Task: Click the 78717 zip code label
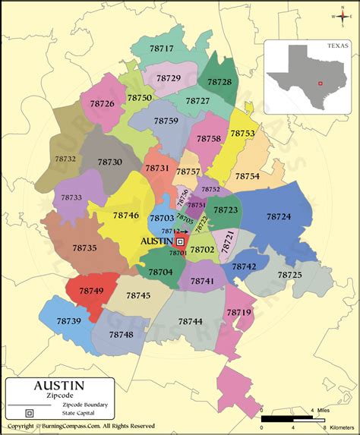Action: tap(161, 49)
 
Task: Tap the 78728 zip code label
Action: tap(219, 81)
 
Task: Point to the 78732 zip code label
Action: tap(66, 159)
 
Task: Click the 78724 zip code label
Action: tap(279, 216)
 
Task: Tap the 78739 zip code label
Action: tap(68, 321)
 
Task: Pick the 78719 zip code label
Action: tap(238, 312)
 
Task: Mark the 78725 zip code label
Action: tap(289, 274)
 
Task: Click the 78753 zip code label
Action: tap(242, 133)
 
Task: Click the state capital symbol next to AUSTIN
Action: tap(181, 241)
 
